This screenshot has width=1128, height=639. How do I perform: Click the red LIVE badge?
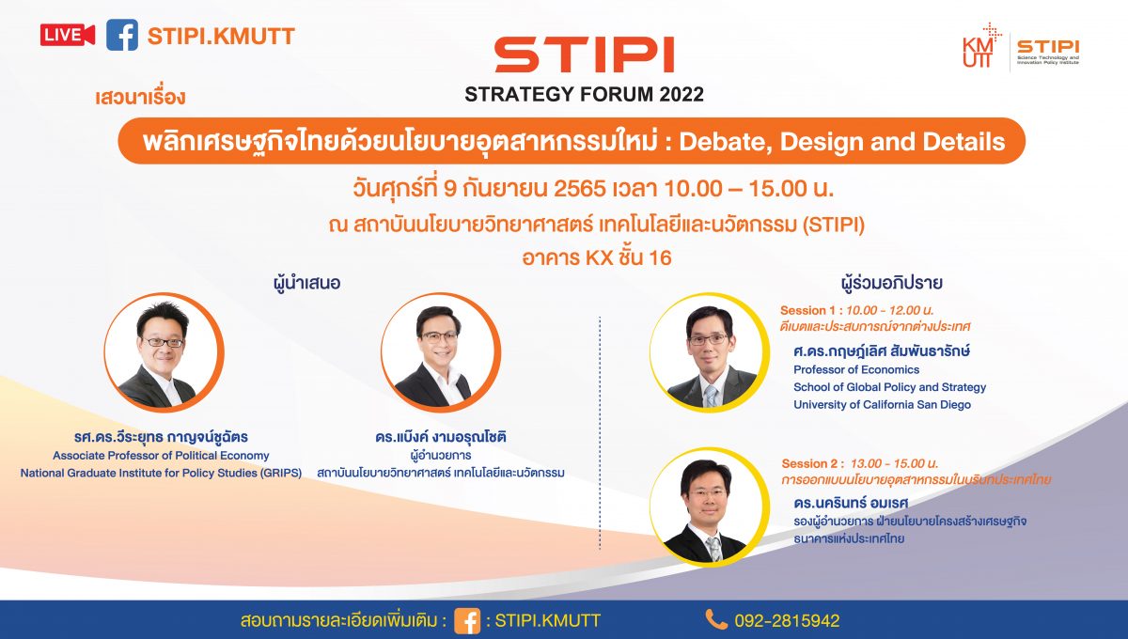coord(68,36)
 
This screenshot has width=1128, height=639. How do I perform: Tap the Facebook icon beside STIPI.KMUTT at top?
coord(122,36)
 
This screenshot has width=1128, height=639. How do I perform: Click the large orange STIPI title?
coord(584,55)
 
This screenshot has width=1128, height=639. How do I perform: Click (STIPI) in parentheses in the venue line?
coord(834,225)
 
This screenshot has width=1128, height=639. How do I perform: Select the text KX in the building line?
coord(600,258)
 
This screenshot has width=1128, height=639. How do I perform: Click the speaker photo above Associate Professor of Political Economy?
coord(164,352)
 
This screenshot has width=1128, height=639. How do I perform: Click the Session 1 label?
coord(809,311)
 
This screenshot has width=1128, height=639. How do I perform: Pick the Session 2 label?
coord(810,464)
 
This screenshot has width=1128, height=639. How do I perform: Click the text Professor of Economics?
coord(856,370)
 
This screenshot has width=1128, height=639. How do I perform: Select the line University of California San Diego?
coord(883,405)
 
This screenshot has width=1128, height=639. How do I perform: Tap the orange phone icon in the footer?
coord(716,619)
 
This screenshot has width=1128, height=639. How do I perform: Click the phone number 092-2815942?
coord(787,621)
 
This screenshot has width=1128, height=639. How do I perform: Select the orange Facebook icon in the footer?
coord(467,621)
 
